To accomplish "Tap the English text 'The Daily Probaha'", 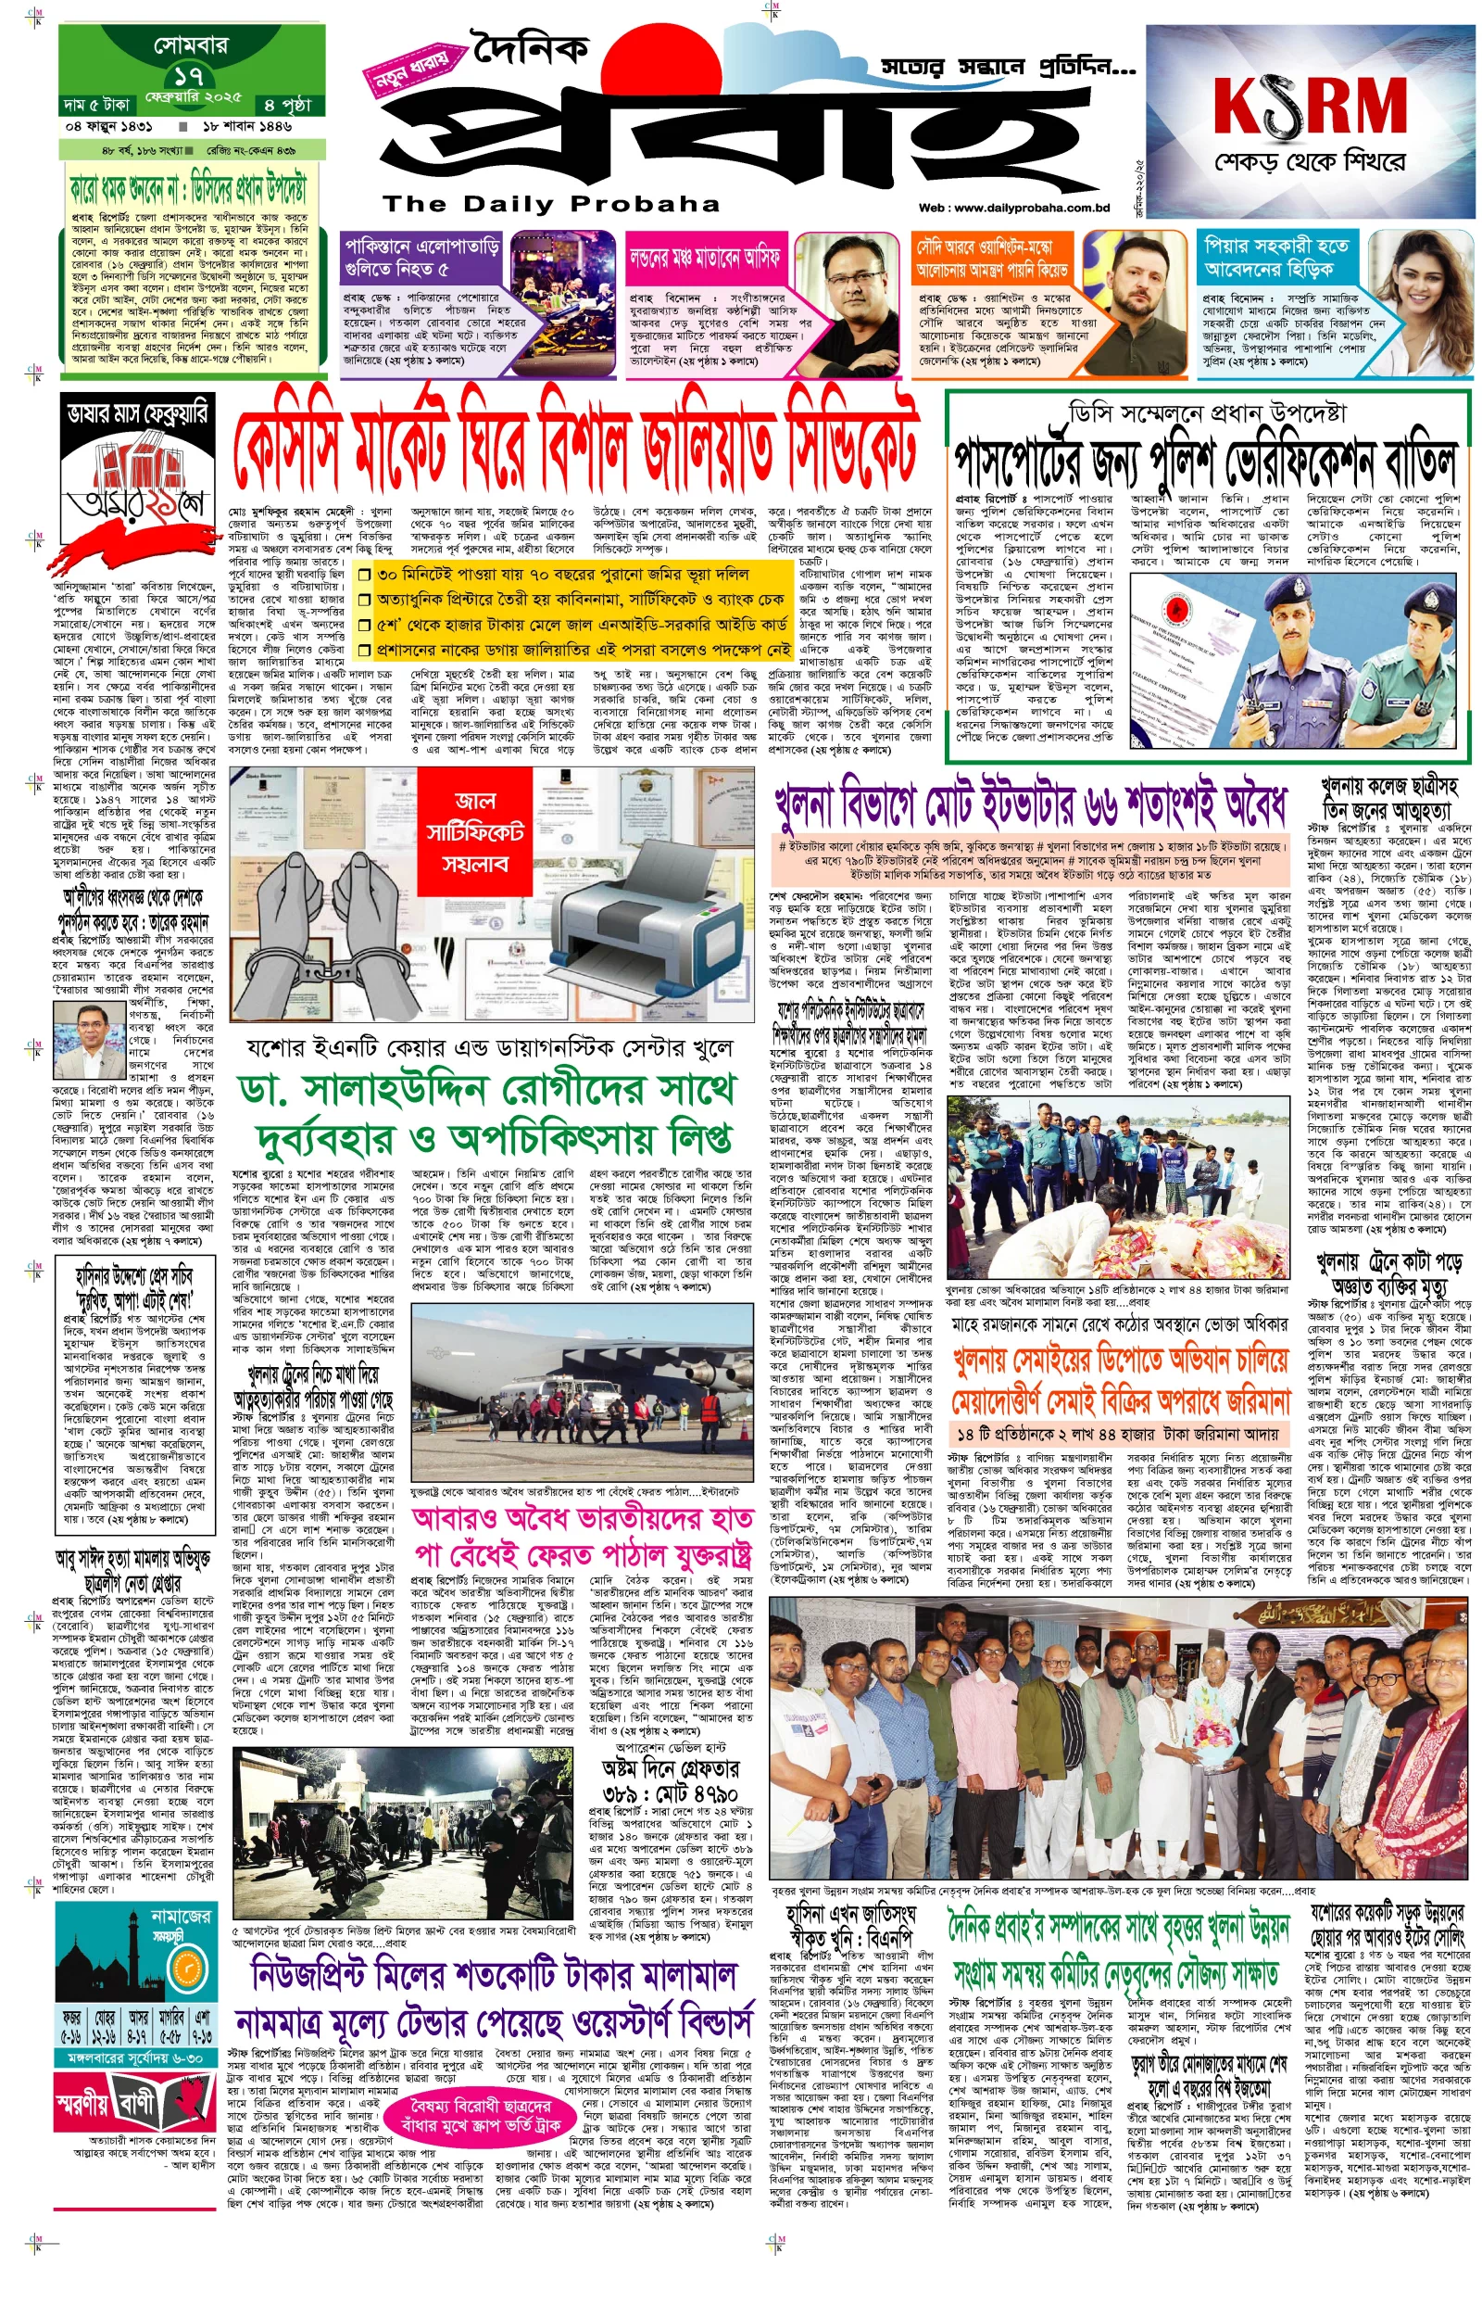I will click(550, 204).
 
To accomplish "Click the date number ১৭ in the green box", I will click(189, 76).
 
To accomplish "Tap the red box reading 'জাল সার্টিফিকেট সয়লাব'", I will click(474, 831).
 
